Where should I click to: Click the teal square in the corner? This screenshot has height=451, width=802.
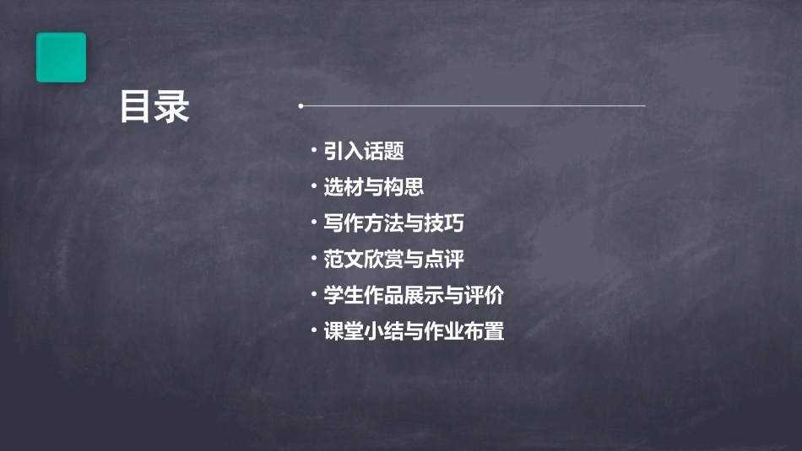coord(61,57)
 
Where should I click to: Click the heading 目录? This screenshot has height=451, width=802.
coord(154,107)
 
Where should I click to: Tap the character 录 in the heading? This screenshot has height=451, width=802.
coord(173,107)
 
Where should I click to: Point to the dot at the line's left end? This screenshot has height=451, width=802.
coord(301,106)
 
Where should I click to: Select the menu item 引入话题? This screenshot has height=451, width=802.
coord(364,152)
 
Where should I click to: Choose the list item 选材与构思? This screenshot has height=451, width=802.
coord(374,187)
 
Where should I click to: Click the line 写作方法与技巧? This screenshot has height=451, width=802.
coord(393,223)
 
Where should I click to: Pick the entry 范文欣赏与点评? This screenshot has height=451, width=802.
coord(393,260)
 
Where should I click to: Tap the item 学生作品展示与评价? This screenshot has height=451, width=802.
coord(414,296)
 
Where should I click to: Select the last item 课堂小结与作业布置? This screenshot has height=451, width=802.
coord(414,332)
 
